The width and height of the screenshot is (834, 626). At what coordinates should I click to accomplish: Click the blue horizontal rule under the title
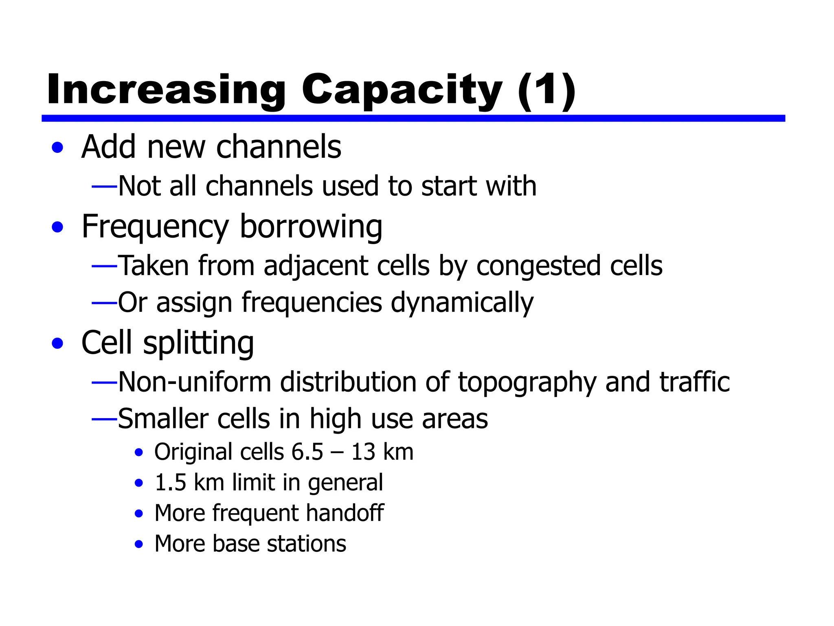click(x=413, y=118)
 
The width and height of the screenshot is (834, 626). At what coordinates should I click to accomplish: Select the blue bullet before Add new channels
click(x=58, y=148)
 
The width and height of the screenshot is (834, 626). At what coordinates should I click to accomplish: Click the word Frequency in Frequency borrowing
click(x=155, y=227)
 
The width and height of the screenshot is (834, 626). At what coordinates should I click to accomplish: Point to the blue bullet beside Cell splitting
click(x=58, y=343)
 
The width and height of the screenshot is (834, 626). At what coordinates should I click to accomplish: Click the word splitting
click(x=198, y=343)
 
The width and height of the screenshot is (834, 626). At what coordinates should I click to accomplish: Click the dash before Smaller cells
click(x=104, y=419)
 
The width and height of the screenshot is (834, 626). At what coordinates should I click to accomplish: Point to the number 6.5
click(x=307, y=452)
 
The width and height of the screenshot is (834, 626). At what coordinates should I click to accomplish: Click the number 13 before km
click(x=363, y=452)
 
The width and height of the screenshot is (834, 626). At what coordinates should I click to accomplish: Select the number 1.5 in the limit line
click(x=171, y=483)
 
